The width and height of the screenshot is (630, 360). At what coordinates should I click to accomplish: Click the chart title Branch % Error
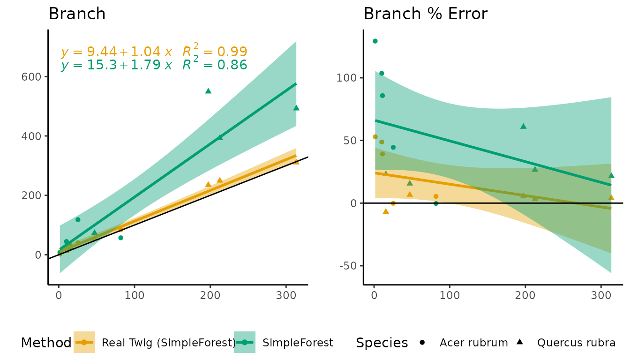425,14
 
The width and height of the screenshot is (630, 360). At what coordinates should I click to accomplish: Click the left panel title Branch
77,14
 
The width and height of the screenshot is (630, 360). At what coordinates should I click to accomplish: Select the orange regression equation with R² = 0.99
154,52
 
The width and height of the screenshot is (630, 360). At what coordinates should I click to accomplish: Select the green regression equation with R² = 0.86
154,65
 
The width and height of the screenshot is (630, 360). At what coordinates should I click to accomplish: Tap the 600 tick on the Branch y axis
31,76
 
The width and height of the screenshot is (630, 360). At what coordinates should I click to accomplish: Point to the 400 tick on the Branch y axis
31,136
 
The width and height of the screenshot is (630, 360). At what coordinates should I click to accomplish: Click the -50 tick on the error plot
347,266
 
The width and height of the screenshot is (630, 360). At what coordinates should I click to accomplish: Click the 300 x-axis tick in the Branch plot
285,296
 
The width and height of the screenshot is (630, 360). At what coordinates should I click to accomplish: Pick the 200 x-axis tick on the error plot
525,296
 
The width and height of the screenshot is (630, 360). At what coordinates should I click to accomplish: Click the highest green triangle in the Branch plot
208,91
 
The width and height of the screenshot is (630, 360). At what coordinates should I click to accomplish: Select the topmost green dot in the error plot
375,41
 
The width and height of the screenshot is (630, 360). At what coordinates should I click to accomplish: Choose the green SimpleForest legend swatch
245,343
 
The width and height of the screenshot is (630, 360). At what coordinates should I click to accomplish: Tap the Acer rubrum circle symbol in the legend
422,343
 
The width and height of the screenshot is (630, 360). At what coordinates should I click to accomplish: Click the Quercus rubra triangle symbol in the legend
520,342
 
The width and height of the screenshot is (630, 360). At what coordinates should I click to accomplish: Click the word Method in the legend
46,343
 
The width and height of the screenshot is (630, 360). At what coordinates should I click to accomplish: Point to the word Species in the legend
382,343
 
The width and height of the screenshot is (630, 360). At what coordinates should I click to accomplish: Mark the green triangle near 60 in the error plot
523,126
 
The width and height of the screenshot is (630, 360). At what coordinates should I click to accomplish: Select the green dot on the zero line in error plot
436,203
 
